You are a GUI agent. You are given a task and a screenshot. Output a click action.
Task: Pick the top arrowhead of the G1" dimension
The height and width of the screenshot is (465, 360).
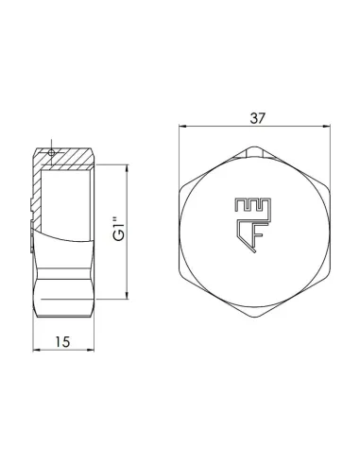point(126,168)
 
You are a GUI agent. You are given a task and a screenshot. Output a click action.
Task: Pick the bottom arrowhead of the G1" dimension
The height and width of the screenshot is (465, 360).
point(126,299)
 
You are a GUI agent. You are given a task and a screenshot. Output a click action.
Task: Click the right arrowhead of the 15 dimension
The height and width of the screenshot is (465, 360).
point(92,343)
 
